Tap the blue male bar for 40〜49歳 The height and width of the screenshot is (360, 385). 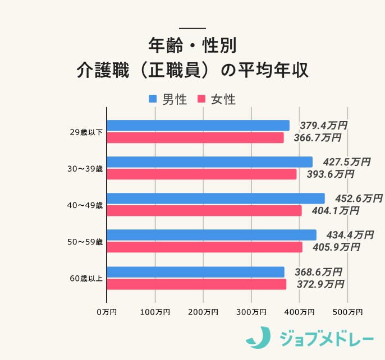click(216, 199)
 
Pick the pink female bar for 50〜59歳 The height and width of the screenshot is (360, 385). click(204, 247)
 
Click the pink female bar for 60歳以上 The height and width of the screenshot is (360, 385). click(196, 284)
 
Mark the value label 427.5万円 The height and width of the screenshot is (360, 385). click(346, 162)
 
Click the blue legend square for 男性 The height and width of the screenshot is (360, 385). click(153, 99)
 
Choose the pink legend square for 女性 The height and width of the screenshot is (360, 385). click(201, 99)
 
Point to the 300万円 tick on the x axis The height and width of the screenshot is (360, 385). click(251, 312)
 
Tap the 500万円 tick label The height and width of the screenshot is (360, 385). click(347, 312)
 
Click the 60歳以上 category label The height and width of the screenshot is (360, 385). click(86, 279)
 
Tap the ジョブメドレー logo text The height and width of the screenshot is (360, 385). click(326, 338)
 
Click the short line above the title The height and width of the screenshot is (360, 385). click(192, 28)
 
